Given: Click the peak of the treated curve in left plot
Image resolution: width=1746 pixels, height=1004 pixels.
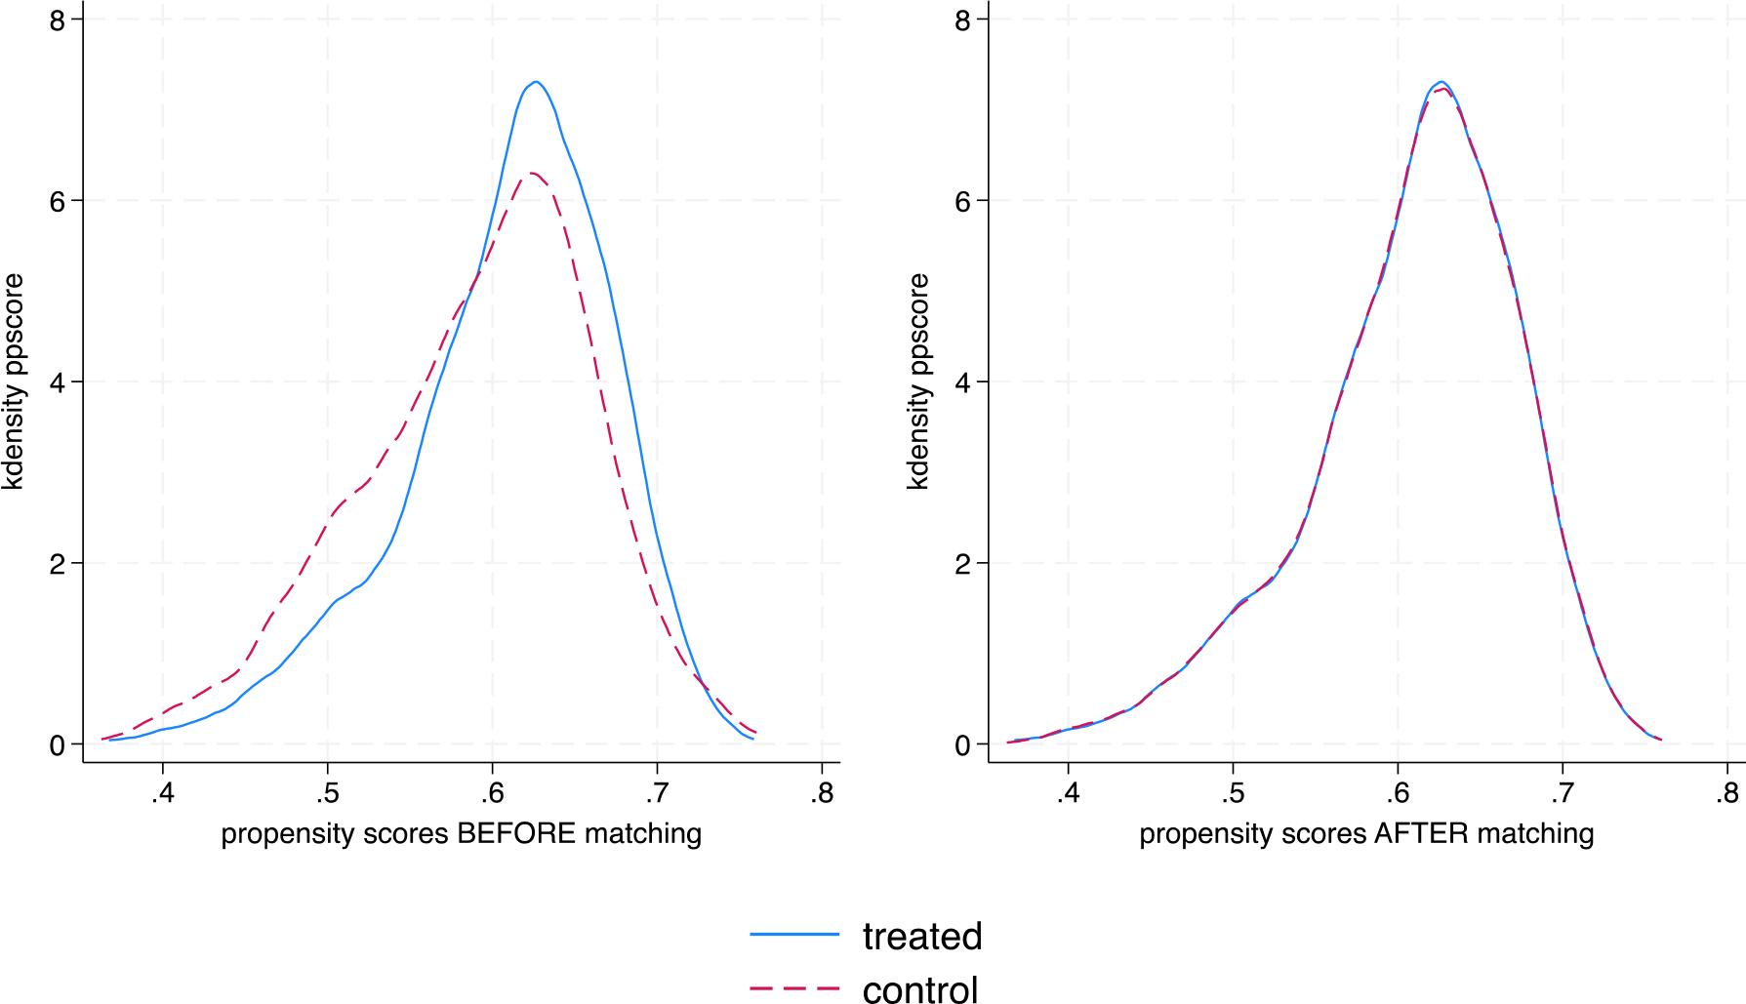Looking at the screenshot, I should pos(535,82).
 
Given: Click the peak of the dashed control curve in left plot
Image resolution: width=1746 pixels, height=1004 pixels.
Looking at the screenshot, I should pos(532,174).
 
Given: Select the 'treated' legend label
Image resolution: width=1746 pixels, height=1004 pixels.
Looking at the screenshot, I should pos(921,936).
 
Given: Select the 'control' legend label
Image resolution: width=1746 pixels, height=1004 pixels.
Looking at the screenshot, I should pos(919,988).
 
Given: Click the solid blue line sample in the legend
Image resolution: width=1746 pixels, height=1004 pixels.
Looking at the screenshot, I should pos(794,936).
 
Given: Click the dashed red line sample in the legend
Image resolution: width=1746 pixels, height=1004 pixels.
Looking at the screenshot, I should pos(794,988).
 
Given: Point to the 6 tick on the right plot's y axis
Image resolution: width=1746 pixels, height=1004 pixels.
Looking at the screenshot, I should pos(964,201).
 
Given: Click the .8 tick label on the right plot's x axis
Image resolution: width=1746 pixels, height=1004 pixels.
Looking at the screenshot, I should pos(1726,792).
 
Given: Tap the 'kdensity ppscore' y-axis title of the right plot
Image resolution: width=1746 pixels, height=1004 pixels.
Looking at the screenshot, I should pos(918,382).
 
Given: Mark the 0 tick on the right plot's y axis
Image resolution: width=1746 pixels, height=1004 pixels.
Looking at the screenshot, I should pos(964,744).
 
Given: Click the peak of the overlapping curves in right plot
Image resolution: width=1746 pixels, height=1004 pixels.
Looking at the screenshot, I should pos(1441,84).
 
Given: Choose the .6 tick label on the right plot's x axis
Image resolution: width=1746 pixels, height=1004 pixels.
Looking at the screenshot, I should pos(1398,792).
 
